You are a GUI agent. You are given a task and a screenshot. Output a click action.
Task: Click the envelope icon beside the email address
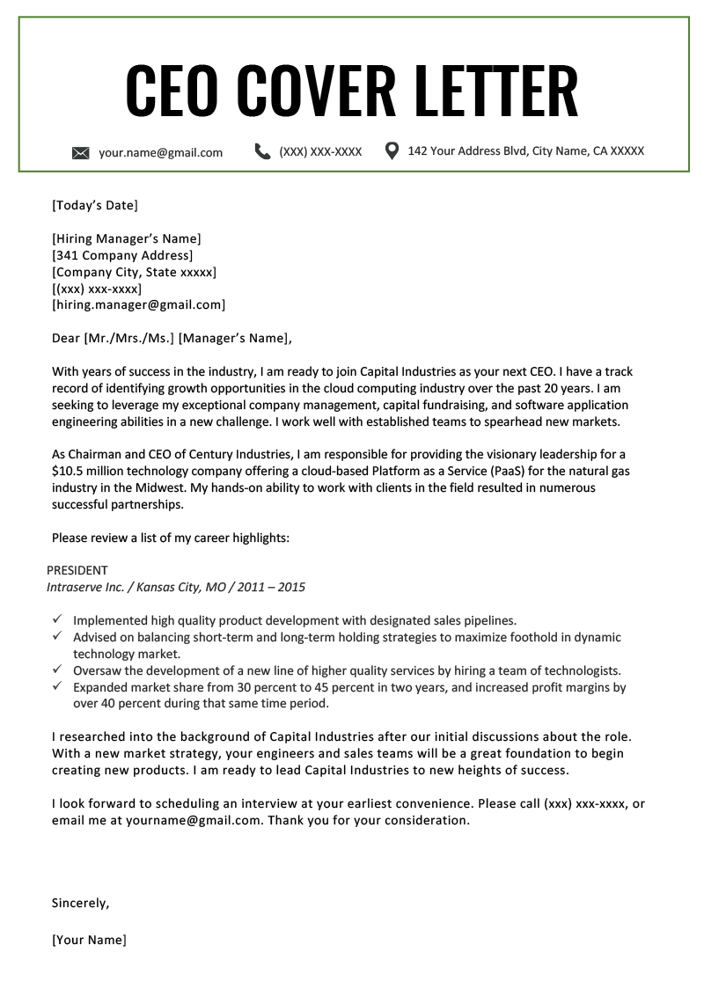81,153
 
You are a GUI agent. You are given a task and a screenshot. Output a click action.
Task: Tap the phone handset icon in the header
262,151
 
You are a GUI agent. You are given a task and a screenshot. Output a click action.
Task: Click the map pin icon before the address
392,150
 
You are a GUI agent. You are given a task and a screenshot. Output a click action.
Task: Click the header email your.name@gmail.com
160,152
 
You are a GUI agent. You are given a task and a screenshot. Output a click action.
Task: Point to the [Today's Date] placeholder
95,206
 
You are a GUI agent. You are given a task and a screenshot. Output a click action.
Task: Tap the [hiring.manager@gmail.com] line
139,305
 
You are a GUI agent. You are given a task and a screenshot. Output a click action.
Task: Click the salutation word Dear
66,338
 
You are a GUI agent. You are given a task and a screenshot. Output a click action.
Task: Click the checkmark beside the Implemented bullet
57,619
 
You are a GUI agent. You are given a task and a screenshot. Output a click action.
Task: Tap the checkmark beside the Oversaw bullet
57,670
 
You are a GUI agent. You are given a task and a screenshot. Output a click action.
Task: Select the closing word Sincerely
81,903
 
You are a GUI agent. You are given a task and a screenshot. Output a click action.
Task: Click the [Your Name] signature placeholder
89,940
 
